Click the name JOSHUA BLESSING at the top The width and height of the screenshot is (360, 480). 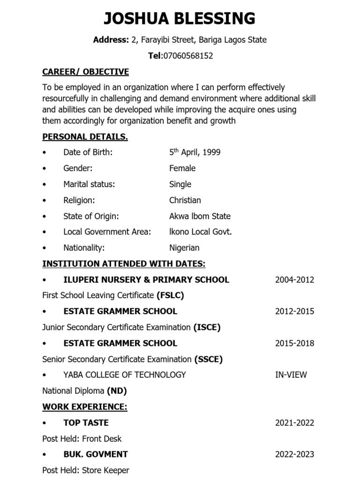coord(180,18)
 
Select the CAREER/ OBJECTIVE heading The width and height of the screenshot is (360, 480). coord(85,72)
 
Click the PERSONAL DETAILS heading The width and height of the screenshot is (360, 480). coord(85,136)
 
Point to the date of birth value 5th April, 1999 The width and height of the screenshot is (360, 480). coord(195,152)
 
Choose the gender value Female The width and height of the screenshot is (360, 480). coord(182,168)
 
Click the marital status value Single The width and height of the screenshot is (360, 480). coord(180,184)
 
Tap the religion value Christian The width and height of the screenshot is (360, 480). coord(185,200)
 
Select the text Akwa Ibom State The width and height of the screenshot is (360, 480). coord(200,216)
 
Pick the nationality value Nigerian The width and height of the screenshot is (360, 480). coord(184,247)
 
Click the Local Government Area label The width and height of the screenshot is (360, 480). coord(107,232)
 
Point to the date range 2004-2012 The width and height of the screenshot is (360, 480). coord(294,280)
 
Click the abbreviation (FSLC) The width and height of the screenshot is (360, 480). coord(170,295)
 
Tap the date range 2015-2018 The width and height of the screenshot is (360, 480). coord(294,343)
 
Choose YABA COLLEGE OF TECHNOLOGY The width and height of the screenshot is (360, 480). coord(124,375)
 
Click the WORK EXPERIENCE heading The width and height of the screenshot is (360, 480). coord(85,406)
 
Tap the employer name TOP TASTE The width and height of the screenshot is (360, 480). coord(86,422)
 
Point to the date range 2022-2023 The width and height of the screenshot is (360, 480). coord(294,454)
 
